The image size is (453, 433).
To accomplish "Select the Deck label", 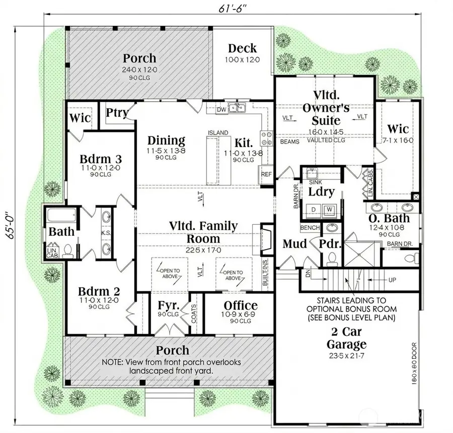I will [x=242, y=49].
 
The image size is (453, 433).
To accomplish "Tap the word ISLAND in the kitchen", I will [x=218, y=134].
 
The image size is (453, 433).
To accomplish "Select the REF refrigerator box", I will [x=266, y=174].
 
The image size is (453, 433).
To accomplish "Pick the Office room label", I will [x=241, y=305].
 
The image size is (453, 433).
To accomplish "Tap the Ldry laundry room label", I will [x=321, y=192].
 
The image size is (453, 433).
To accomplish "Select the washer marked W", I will [x=330, y=209].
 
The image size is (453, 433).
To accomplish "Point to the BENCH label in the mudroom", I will [x=310, y=228].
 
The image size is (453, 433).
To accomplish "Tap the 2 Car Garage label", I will [x=346, y=338].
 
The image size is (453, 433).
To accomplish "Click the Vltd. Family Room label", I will [x=204, y=232].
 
